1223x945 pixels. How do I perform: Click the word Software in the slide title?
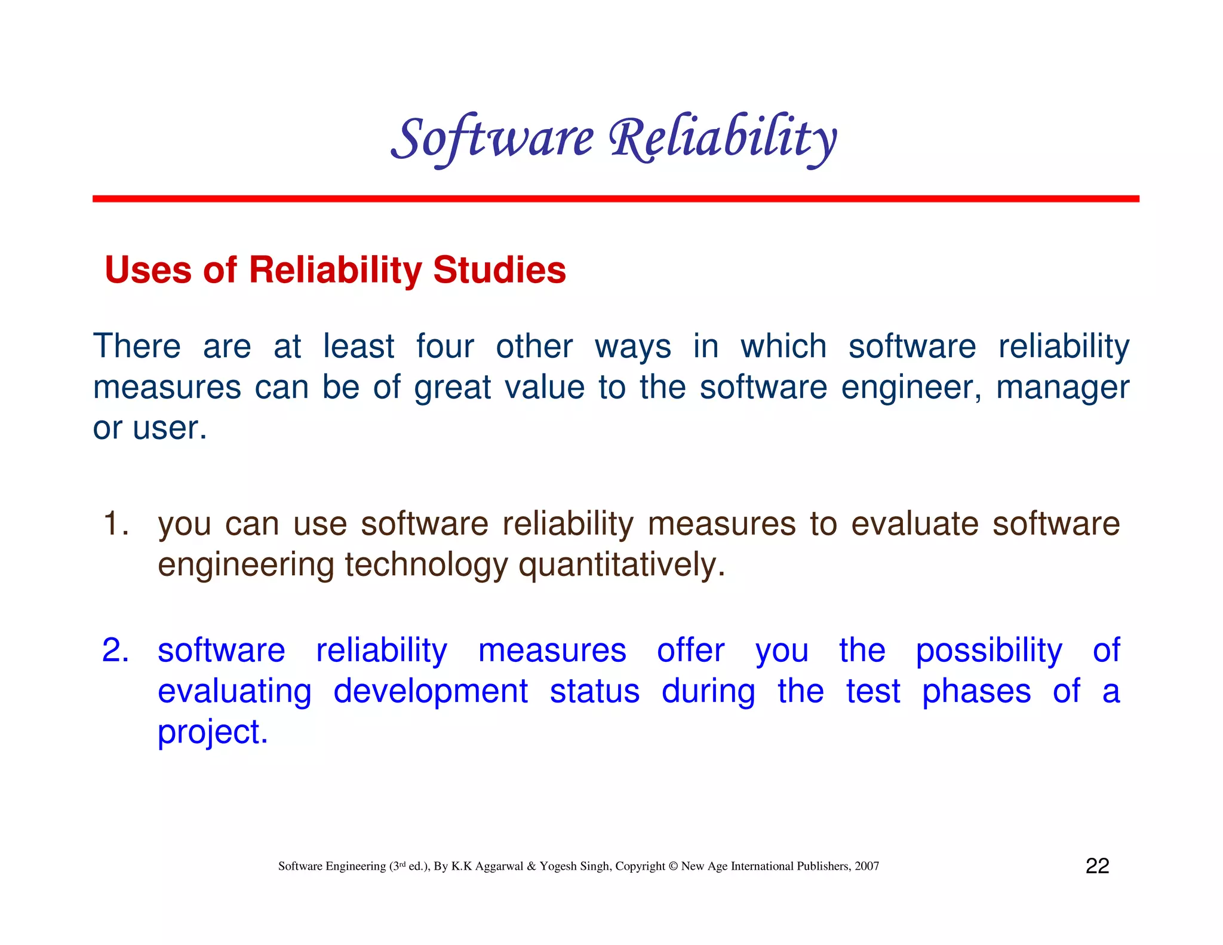click(492, 139)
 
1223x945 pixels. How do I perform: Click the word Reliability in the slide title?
click(723, 139)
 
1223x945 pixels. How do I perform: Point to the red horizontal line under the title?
click(615, 198)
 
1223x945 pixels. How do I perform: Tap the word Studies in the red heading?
click(499, 270)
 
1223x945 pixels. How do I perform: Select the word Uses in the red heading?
click(148, 270)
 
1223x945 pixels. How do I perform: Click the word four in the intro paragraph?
click(445, 346)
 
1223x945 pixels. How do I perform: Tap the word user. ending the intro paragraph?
click(170, 428)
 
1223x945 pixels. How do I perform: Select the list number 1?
click(115, 524)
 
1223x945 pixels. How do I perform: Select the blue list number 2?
click(115, 650)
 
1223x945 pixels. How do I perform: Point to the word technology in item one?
click(426, 564)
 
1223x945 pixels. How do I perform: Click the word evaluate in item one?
click(914, 524)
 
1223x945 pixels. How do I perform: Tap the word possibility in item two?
click(988, 650)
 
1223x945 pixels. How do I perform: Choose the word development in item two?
click(430, 691)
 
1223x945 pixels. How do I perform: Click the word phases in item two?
click(976, 691)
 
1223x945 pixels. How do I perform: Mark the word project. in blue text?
click(213, 732)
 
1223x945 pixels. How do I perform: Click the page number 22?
click(1097, 866)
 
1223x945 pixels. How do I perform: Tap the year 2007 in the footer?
click(866, 866)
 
